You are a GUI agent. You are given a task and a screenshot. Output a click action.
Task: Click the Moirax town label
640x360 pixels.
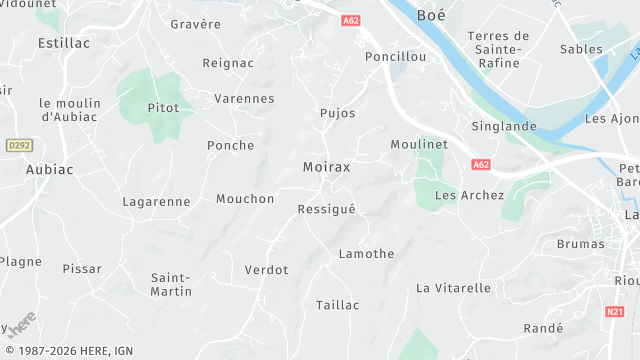point(326,167)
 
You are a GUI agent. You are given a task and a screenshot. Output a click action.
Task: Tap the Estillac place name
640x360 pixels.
point(64,43)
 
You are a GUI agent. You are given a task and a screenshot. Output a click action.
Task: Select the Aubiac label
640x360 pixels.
point(50,170)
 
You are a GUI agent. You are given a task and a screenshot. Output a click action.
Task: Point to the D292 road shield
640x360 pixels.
point(19,145)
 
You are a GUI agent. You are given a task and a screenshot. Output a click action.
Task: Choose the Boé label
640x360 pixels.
point(431,15)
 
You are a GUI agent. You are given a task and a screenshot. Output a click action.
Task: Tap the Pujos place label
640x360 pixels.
point(337,113)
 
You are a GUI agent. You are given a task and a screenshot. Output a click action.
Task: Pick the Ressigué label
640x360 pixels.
point(326,209)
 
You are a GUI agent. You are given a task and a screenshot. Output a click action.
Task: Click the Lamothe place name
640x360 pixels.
point(366,254)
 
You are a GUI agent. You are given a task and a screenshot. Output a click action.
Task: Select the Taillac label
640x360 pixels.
point(337,305)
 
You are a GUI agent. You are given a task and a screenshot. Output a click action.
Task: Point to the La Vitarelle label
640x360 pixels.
point(453,288)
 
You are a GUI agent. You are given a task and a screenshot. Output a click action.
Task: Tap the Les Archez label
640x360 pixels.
point(469,195)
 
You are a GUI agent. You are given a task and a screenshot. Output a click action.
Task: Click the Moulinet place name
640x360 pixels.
point(417,145)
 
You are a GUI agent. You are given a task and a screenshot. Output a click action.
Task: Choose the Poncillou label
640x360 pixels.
point(395,57)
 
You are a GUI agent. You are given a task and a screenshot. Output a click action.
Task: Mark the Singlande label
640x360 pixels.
point(504,127)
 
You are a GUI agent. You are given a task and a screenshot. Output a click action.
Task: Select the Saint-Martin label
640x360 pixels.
point(171,284)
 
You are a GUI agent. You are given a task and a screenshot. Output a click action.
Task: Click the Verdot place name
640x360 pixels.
point(266,270)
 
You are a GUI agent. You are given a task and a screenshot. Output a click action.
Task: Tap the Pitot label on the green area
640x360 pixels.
point(163,108)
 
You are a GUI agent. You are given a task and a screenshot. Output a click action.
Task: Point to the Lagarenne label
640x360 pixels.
point(156,201)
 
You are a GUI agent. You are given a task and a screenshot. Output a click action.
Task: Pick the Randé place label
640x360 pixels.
point(543,328)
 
